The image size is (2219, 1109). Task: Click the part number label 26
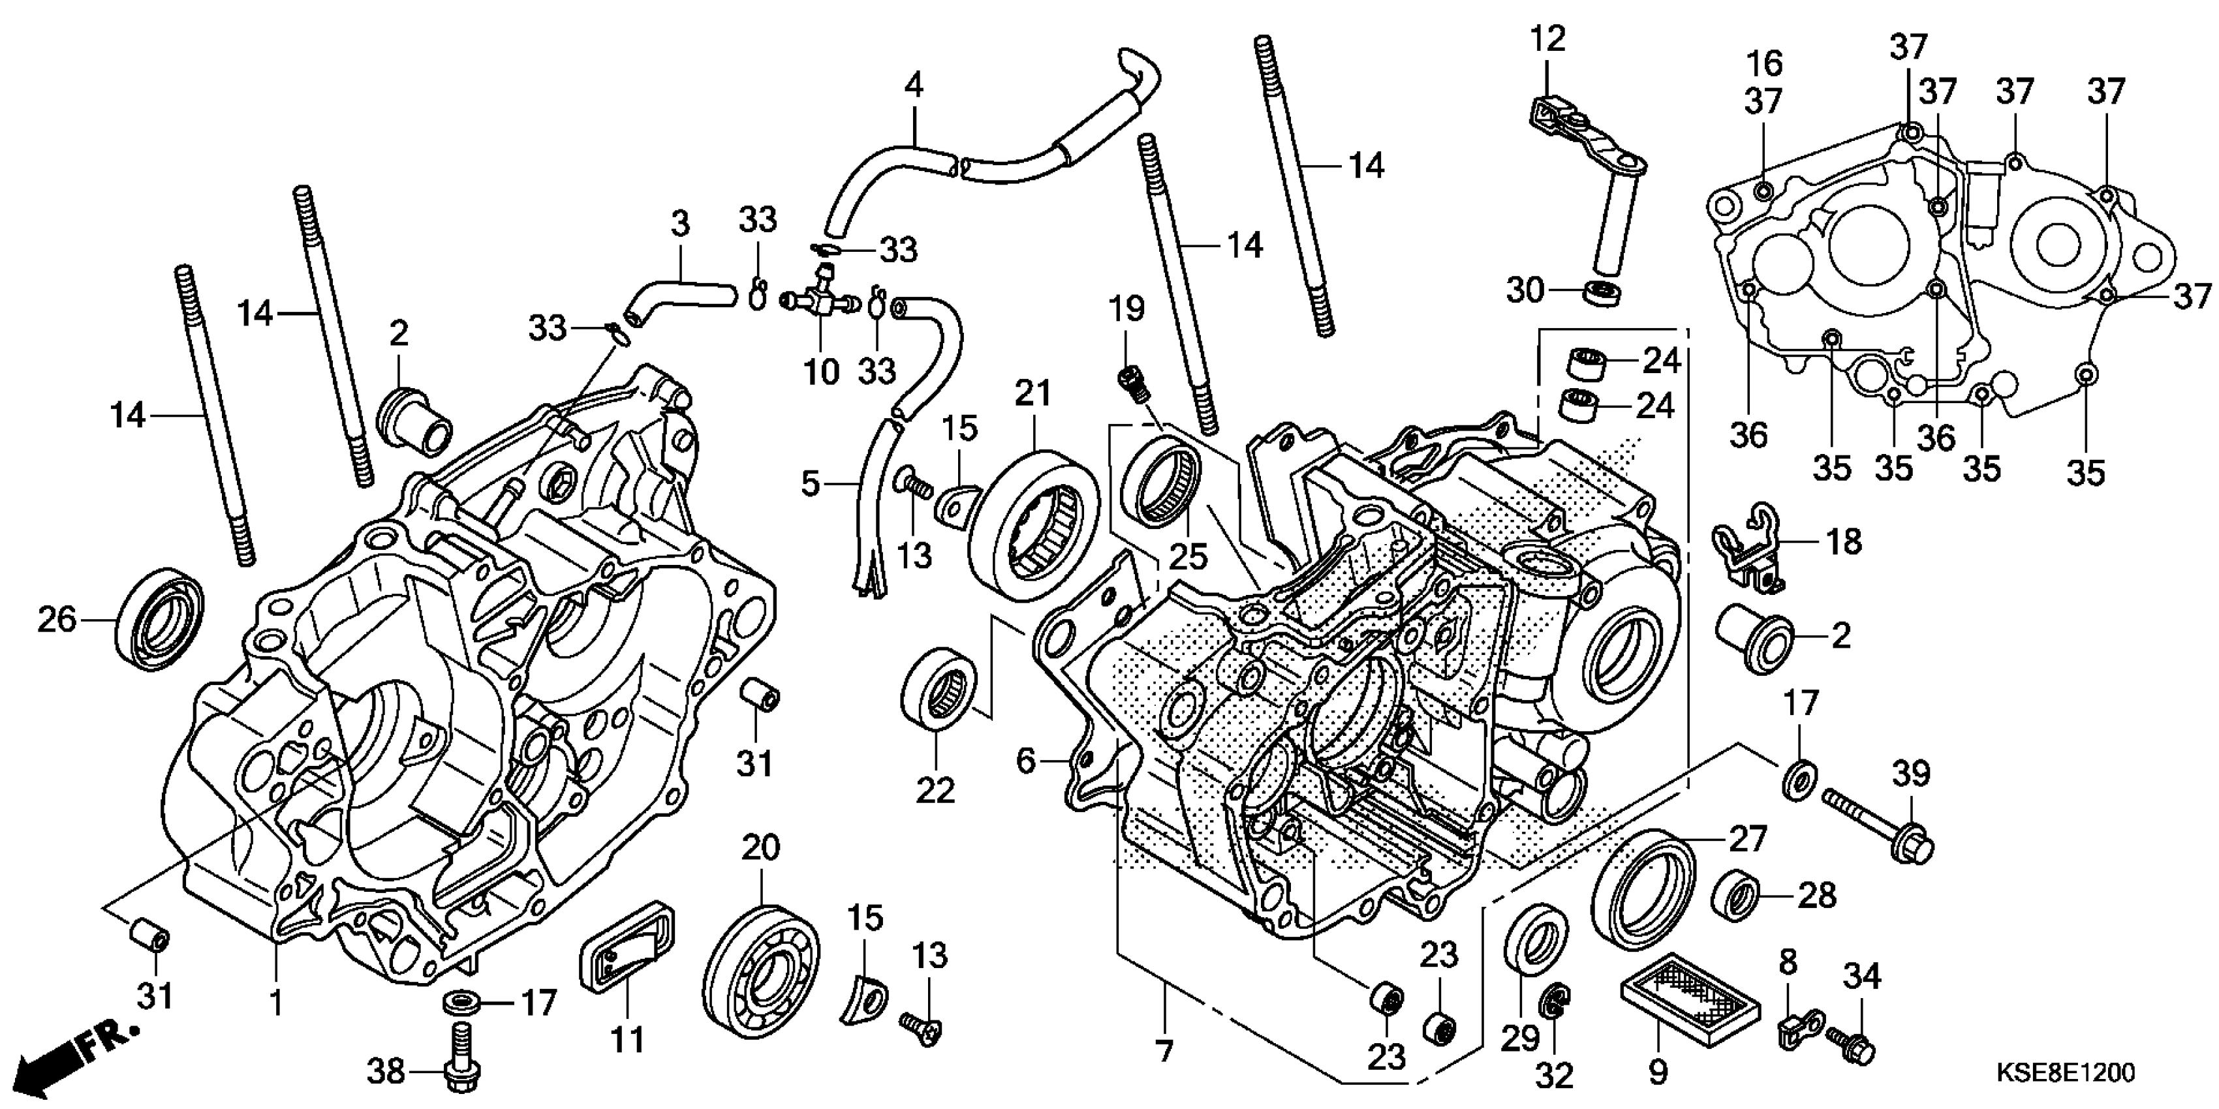click(x=57, y=620)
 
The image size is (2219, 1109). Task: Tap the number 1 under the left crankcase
click(x=275, y=1002)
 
